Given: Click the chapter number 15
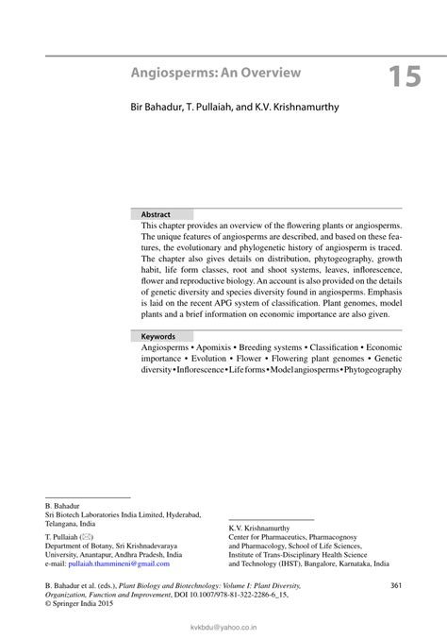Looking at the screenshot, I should click(402, 76).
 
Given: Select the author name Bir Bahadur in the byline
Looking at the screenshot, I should click(156, 108).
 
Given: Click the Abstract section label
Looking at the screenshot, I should click(156, 214).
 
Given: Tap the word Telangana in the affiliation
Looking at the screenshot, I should click(63, 523).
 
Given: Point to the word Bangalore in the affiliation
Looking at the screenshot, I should click(325, 563).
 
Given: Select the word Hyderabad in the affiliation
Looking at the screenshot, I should click(179, 514).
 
